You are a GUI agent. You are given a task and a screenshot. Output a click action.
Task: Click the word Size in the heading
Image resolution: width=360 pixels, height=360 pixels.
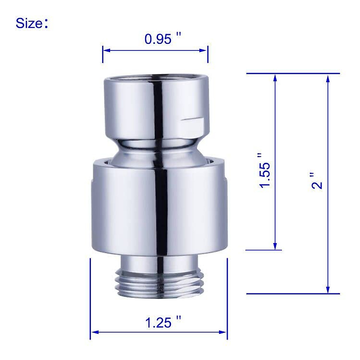click(29, 23)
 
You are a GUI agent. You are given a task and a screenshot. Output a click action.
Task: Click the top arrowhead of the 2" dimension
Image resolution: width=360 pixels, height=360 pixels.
click(328, 77)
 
